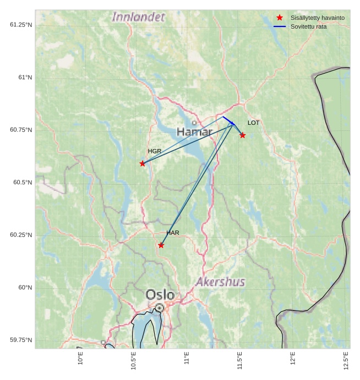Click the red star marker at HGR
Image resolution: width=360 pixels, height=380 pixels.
point(143,163)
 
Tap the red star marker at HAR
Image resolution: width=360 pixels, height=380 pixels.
point(161,245)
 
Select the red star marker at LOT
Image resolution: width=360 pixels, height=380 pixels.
point(242,135)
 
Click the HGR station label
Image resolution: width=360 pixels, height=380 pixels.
point(155,151)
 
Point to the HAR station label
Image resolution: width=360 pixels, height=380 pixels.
point(173,233)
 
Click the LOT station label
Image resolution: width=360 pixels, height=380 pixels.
point(253,123)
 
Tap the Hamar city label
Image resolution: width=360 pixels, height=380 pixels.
point(194,132)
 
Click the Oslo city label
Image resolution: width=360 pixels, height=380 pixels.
point(160,295)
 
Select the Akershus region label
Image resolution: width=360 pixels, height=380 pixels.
point(220,282)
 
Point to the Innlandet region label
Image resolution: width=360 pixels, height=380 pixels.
point(138,17)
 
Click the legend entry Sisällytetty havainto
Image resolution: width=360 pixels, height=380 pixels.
point(318,18)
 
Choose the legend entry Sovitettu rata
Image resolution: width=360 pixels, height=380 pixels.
point(309,26)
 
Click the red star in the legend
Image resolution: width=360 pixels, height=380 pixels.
point(280,18)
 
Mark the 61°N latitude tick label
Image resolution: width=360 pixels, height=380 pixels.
point(21,78)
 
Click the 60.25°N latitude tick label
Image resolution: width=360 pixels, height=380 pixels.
point(21,235)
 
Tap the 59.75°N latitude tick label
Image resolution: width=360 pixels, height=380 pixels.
point(21,340)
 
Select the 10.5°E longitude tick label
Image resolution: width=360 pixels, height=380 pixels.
point(134,361)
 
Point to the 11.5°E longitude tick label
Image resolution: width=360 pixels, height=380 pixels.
point(240,361)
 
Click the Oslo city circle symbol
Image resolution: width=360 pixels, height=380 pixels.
point(159,308)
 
